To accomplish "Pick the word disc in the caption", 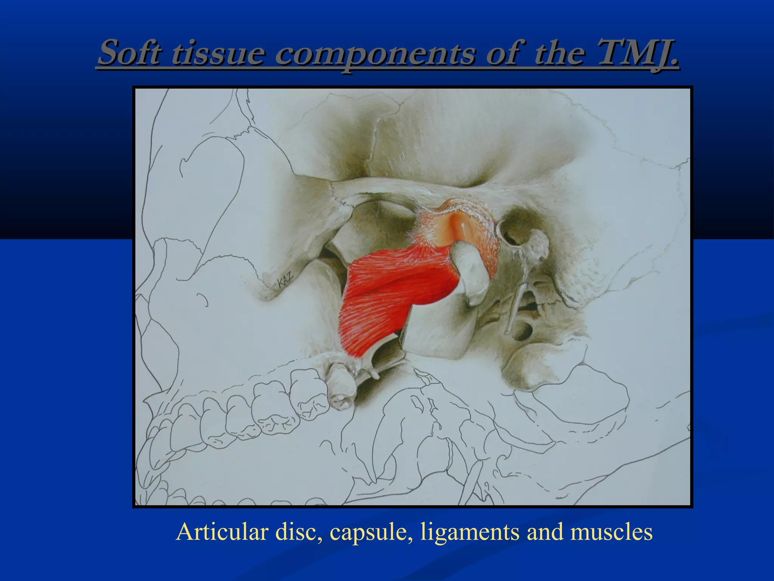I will [x=299, y=531].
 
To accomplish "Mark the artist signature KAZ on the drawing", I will [x=285, y=280].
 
